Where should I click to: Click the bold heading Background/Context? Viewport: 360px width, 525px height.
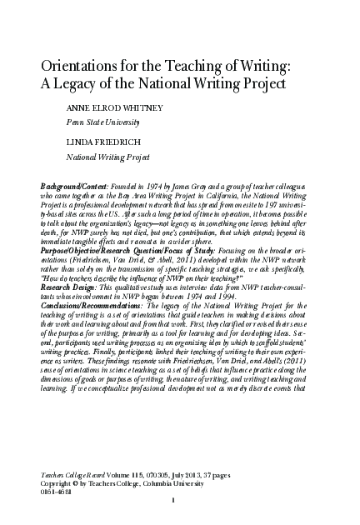(x=75, y=181)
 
